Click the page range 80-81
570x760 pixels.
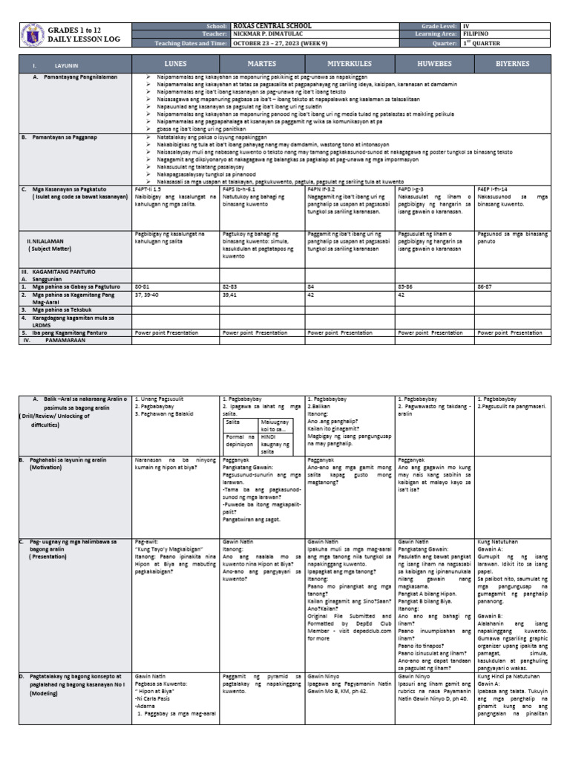142,285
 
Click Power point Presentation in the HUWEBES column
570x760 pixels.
430,333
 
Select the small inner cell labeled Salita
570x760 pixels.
237,421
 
